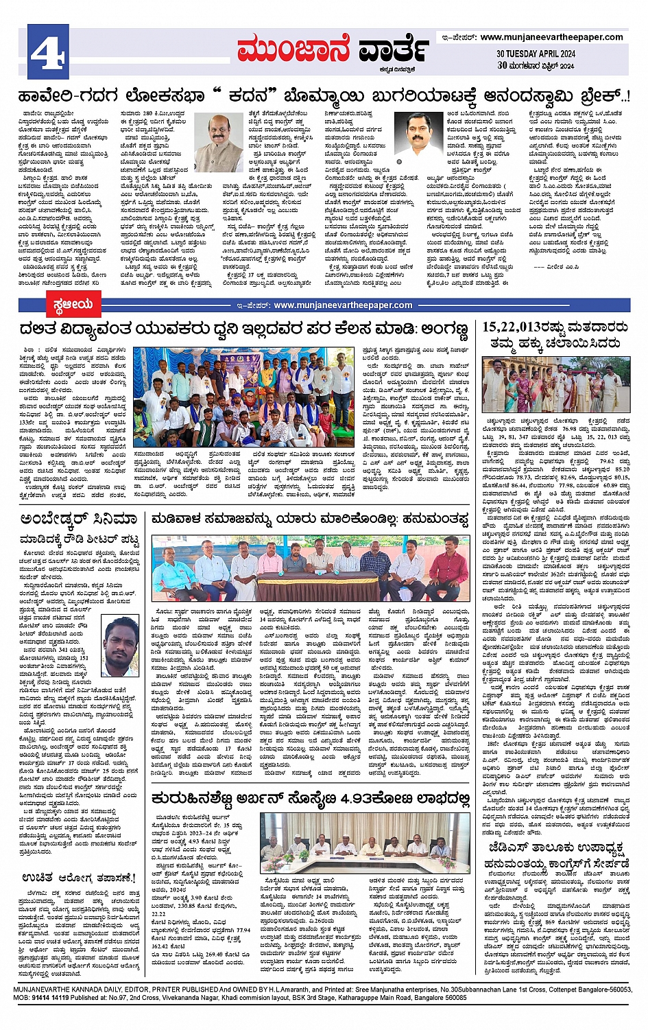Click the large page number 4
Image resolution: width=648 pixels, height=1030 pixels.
pos(47,52)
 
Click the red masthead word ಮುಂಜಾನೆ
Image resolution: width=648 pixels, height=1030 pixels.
pos(293,50)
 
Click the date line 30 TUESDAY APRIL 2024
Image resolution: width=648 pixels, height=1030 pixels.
pos(536,54)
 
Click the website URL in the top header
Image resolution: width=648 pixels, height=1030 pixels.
pos(551,37)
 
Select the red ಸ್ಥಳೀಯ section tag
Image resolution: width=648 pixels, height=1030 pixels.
pos(73,304)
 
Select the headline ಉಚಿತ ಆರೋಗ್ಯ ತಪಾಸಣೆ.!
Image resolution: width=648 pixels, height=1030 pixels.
pos(79,878)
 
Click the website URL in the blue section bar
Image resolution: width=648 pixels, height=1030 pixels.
pos(343,305)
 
